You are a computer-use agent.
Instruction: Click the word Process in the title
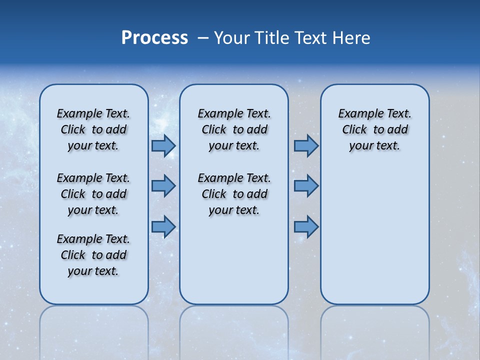pos(154,38)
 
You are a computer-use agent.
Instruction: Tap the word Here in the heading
pos(352,38)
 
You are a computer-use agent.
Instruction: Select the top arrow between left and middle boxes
pos(163,145)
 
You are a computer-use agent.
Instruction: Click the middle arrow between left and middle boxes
pos(163,186)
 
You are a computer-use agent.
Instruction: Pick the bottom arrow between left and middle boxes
pos(163,227)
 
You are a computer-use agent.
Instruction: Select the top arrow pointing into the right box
pos(306,145)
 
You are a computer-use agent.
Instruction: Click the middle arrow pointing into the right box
pos(306,186)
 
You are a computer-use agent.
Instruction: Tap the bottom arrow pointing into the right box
pos(306,227)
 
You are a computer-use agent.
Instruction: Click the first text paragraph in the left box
pos(93,129)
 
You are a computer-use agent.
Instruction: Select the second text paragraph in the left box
pos(93,194)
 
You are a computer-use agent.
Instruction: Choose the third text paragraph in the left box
pos(93,255)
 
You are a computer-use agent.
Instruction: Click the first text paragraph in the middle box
pos(234,129)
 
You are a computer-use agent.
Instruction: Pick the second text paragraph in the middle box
pos(234,194)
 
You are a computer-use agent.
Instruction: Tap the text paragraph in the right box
pos(375,129)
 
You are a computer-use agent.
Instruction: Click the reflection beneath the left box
pos(94,330)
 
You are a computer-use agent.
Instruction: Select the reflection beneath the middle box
pos(234,330)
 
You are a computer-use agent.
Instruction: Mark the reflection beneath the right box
pos(375,330)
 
